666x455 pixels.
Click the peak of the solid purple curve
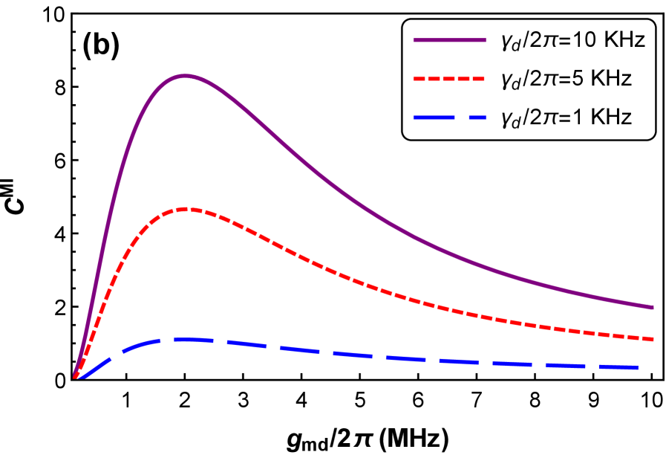[184, 76]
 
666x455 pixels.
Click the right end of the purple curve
[652, 306]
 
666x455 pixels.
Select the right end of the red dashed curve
[652, 339]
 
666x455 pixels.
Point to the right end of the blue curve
[636, 367]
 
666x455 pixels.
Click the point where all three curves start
[75, 378]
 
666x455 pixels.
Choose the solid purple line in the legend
[449, 40]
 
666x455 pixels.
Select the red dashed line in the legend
[449, 78]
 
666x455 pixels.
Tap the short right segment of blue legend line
[477, 117]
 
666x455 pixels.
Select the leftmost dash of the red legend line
[418, 78]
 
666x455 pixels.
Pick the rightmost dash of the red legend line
[480, 78]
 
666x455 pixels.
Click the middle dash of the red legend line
[449, 78]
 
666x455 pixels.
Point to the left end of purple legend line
[415, 40]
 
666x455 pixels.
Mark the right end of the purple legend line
[484, 40]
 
